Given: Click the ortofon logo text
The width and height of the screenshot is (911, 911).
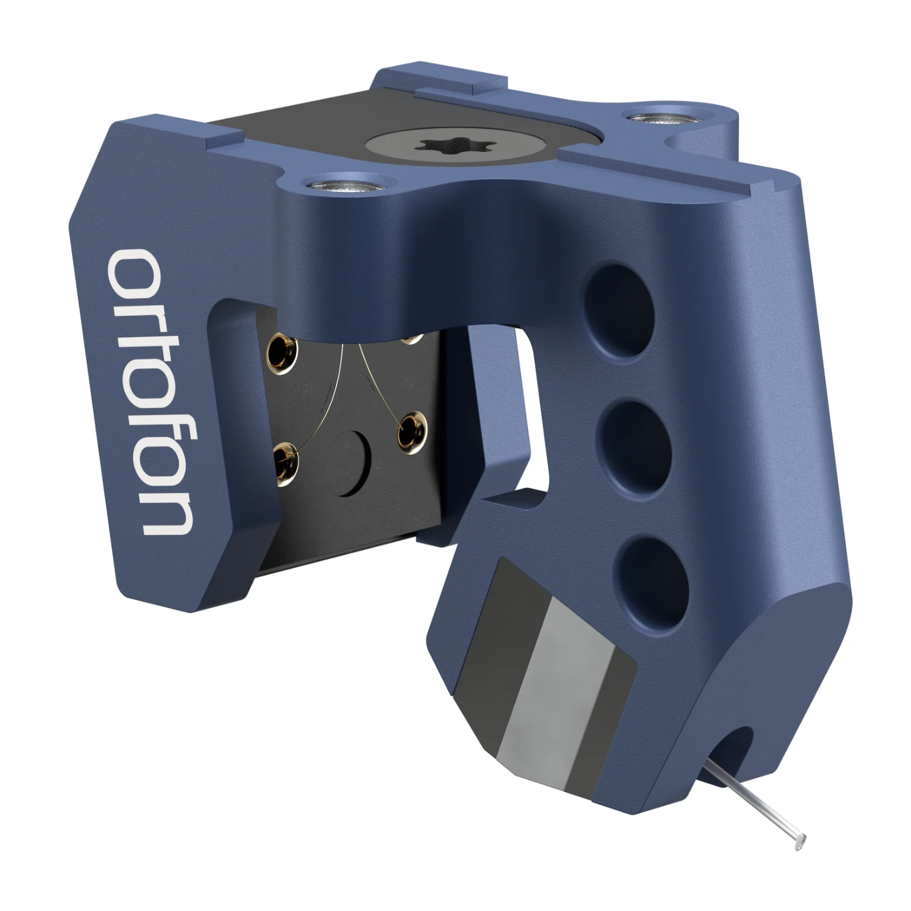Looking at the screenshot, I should pos(149,392).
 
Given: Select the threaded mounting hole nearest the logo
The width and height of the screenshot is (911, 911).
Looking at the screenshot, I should pos(343,182).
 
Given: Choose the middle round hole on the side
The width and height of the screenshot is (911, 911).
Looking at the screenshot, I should pos(633,432).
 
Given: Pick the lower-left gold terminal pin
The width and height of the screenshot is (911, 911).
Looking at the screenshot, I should pos(286,462).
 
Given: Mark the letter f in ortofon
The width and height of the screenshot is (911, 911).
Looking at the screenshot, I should pos(149,413).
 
